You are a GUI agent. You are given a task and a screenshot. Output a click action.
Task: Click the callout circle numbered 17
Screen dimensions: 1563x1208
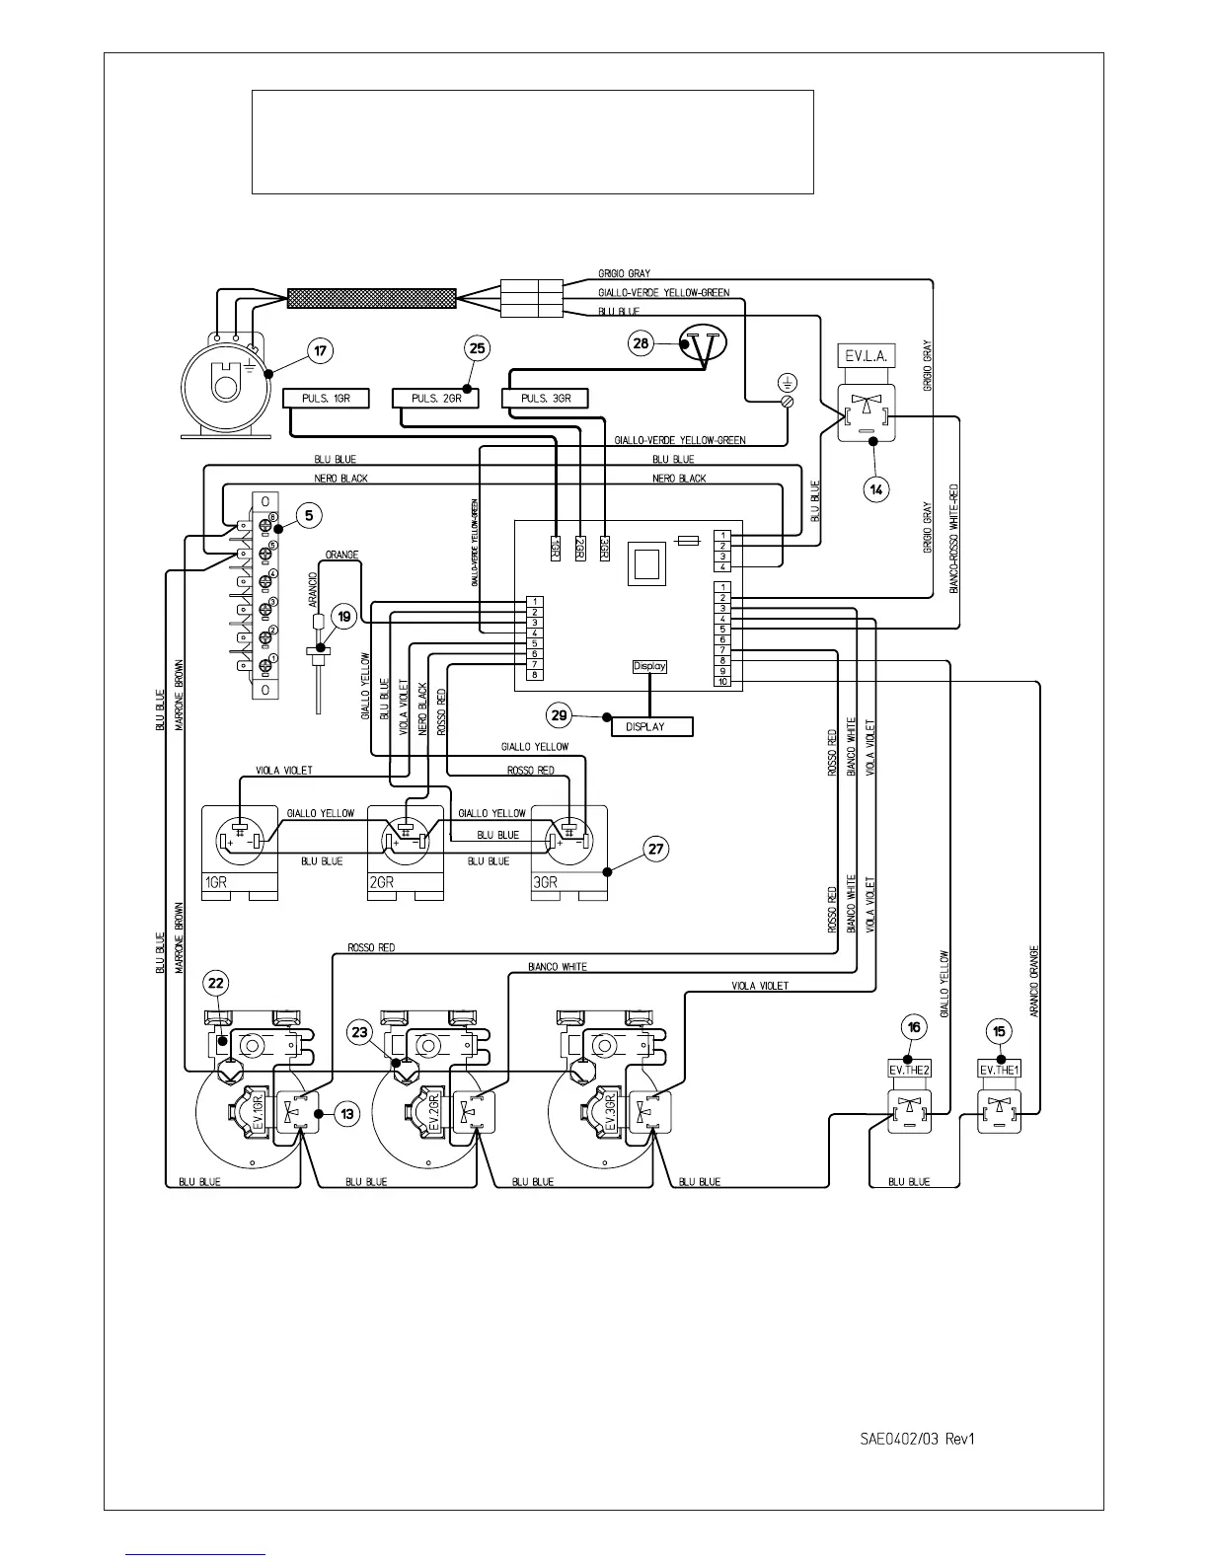click(x=320, y=349)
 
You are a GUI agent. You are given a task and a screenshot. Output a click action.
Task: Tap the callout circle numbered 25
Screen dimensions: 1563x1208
click(x=477, y=347)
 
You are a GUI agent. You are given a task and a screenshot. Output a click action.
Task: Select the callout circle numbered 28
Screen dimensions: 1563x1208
click(x=642, y=343)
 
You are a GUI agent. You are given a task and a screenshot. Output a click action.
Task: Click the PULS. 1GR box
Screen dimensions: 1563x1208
click(x=326, y=399)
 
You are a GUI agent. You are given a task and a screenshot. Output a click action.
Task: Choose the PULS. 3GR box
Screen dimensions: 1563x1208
click(x=545, y=399)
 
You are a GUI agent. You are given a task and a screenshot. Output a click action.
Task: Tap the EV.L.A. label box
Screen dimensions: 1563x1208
click(x=867, y=356)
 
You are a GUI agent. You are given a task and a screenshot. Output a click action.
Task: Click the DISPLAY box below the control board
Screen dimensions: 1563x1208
click(x=652, y=726)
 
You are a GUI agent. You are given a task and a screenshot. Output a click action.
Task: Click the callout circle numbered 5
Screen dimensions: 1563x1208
click(x=309, y=514)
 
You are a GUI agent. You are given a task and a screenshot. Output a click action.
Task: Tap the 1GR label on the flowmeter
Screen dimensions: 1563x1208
click(x=216, y=882)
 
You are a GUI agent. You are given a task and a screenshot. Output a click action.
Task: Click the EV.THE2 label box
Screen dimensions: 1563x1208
click(x=909, y=1070)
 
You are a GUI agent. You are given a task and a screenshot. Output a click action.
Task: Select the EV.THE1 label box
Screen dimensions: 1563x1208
click(x=999, y=1070)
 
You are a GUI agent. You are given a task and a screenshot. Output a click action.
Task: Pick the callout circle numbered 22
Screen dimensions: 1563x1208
click(x=216, y=983)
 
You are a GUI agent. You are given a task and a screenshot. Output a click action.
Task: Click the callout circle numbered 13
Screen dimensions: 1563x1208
click(x=347, y=1113)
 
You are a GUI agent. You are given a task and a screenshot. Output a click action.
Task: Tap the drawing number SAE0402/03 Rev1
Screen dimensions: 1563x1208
click(x=911, y=1439)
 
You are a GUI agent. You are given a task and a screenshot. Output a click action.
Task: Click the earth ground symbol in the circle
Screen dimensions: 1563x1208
click(x=788, y=382)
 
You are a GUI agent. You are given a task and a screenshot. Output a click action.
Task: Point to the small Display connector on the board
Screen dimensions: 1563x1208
click(x=649, y=666)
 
